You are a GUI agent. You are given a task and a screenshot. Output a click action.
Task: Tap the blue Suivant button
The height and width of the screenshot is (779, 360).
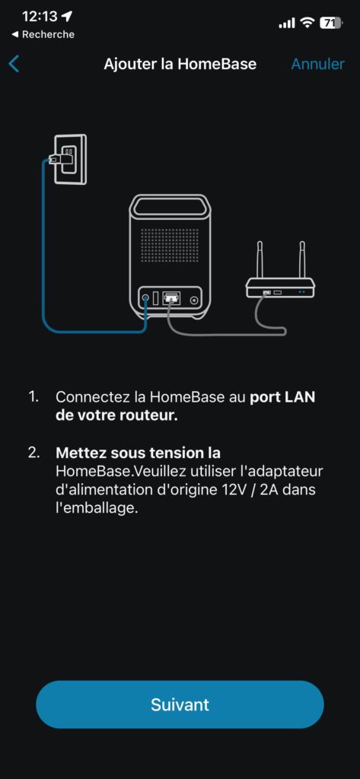click(x=180, y=704)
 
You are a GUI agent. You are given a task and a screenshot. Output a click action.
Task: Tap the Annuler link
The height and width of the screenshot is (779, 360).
click(x=317, y=64)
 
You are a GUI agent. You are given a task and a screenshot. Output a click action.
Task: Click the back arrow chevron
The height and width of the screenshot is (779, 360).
click(x=14, y=64)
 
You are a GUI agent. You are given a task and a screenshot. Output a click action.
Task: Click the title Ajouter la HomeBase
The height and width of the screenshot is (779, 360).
click(x=180, y=64)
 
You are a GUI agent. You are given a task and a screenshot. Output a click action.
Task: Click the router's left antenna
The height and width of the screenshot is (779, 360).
click(x=259, y=262)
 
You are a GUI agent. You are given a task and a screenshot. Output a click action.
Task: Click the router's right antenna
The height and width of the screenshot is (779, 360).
click(x=301, y=262)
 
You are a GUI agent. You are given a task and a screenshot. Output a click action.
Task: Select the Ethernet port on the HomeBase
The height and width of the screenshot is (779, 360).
click(x=171, y=298)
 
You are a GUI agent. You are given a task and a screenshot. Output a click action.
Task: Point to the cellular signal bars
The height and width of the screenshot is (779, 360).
click(x=287, y=23)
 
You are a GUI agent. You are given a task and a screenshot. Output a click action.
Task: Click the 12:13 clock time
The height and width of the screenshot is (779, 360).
click(x=40, y=17)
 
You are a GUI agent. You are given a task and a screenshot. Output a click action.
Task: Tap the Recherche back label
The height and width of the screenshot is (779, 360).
click(x=43, y=34)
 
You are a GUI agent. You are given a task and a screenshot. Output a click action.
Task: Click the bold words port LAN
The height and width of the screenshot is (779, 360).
click(x=282, y=397)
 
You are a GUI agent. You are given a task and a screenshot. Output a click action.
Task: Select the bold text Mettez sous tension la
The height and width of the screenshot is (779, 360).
click(x=139, y=453)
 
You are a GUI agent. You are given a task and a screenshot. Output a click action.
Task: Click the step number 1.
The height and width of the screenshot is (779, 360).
click(x=33, y=397)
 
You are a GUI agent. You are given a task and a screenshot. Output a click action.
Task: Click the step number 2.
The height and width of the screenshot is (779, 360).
click(x=33, y=453)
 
